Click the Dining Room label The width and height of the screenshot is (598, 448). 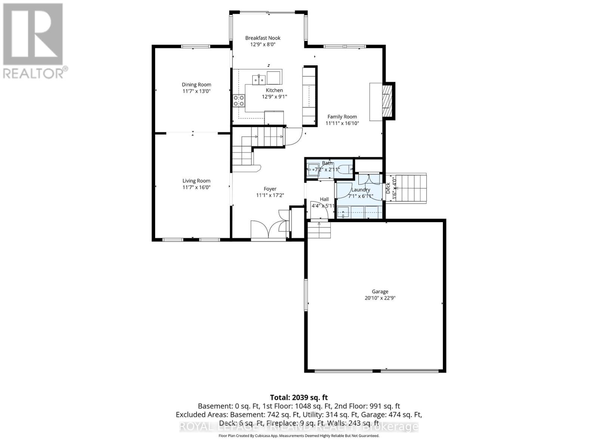pos(196,85)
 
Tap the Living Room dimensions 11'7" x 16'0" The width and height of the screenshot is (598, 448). pos(196,187)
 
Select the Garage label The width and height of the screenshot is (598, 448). pos(380,292)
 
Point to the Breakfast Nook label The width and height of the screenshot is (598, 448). pos(263,38)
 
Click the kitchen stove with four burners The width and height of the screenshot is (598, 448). pos(239,100)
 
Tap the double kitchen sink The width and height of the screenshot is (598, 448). pos(259,80)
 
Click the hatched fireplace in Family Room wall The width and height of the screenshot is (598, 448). pos(388,101)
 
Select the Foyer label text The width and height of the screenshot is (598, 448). pos(270,189)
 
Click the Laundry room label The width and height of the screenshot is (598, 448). pos(360,190)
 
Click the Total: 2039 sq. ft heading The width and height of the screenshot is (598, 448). pos(299,398)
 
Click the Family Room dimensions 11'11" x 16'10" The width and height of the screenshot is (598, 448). pos(342,123)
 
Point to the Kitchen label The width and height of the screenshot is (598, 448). pos(274,90)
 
